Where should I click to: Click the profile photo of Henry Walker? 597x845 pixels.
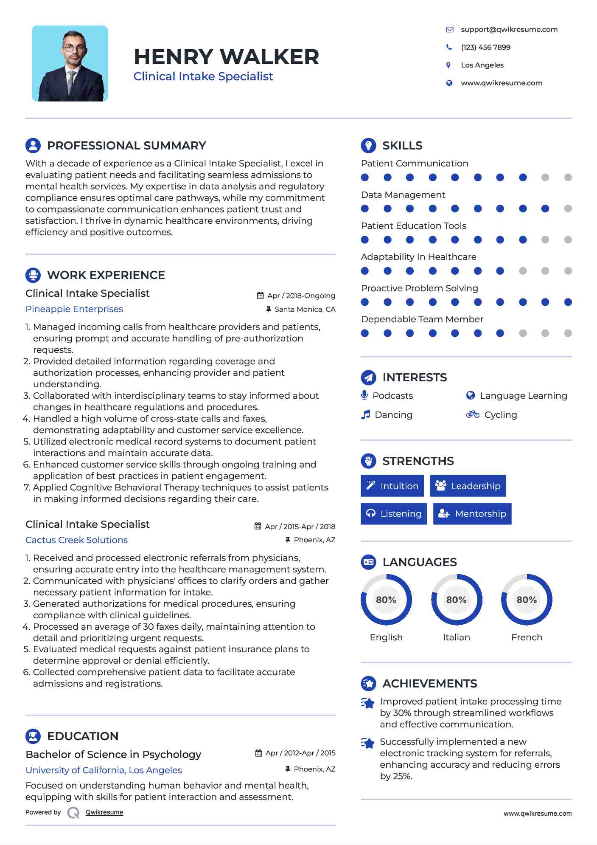[70, 64]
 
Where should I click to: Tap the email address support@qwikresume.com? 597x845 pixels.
[509, 29]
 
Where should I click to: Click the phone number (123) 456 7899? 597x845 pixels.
[485, 47]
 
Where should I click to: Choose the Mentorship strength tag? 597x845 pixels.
[472, 514]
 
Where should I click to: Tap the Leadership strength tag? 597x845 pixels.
[468, 486]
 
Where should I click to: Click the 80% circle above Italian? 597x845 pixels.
[457, 600]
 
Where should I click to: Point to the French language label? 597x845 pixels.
[527, 637]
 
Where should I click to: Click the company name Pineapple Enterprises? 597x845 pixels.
[74, 309]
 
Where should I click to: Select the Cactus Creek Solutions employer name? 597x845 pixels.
[76, 540]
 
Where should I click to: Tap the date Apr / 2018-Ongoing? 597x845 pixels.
[301, 296]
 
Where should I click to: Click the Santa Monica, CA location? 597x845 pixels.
[305, 309]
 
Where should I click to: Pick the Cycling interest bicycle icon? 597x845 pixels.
[472, 414]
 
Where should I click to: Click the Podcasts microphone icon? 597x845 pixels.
[364, 395]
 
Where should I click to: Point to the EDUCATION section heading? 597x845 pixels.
[83, 736]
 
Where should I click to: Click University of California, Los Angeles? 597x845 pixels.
[104, 770]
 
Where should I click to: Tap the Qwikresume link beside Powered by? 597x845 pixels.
[104, 812]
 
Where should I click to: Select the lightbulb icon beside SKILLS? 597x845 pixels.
[368, 145]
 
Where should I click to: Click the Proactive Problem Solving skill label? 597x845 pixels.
[419, 288]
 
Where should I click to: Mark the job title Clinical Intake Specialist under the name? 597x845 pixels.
[203, 76]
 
